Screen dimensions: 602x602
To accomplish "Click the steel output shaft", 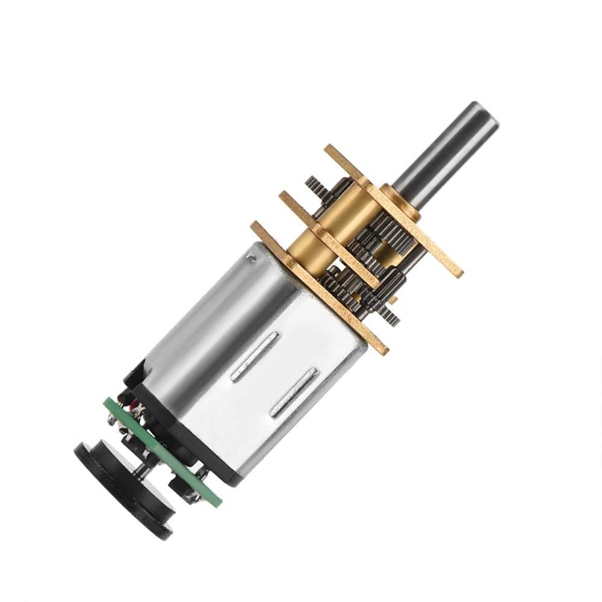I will tap(445, 150).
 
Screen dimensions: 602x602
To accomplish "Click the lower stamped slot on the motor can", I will tap(294, 393).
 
